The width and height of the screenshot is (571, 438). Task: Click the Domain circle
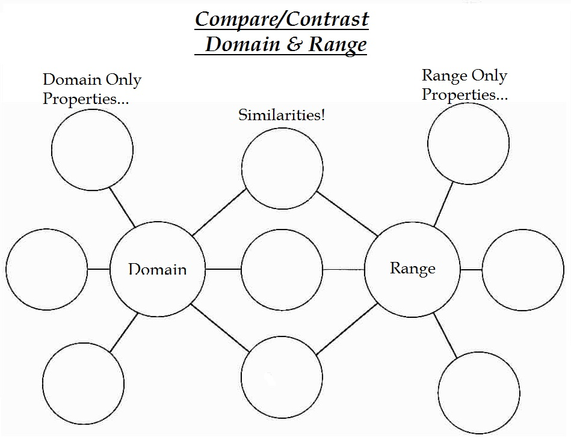pyautogui.click(x=158, y=269)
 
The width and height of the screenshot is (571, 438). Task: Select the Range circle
pyautogui.click(x=412, y=269)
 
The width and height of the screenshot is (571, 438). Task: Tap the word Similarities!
pyautogui.click(x=282, y=115)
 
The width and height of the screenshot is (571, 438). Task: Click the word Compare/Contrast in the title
pyautogui.click(x=282, y=19)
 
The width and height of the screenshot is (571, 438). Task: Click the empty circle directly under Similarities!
pyautogui.click(x=282, y=168)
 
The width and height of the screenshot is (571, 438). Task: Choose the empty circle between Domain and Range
pyautogui.click(x=282, y=269)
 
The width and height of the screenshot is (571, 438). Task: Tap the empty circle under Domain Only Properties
pyautogui.click(x=92, y=150)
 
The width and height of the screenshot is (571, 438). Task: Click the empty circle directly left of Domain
pyautogui.click(x=47, y=269)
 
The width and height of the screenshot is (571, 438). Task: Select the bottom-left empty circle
pyautogui.click(x=83, y=384)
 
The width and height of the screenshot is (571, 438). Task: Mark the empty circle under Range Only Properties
pyautogui.click(x=468, y=144)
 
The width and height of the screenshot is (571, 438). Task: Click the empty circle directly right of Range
pyautogui.click(x=523, y=270)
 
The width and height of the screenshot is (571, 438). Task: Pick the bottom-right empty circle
pyautogui.click(x=478, y=391)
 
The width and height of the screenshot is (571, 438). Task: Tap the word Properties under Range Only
pyautogui.click(x=457, y=94)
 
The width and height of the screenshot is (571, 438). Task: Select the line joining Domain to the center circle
pyautogui.click(x=223, y=269)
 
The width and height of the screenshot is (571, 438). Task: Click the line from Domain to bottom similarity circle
pyautogui.click(x=220, y=328)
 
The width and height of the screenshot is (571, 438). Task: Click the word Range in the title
pyautogui.click(x=337, y=44)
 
